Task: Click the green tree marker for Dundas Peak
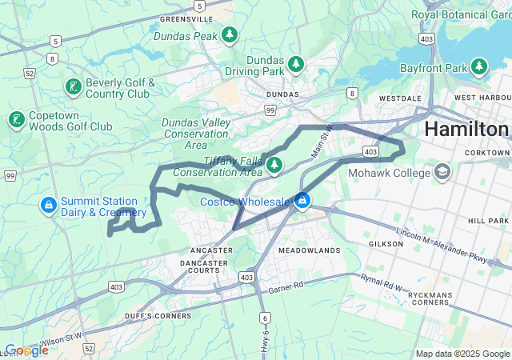point(230,35)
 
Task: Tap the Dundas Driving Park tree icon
point(296,63)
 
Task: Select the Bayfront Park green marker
point(479,66)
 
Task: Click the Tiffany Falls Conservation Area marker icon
point(274,165)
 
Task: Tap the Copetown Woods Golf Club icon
point(15,120)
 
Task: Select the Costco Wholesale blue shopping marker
point(302,201)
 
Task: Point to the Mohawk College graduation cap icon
point(442,171)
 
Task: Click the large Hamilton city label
point(466,130)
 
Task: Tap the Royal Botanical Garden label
point(460,14)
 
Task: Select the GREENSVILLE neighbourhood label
point(186,18)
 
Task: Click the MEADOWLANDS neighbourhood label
point(309,250)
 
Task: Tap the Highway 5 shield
point(55,40)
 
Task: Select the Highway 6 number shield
point(265,318)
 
